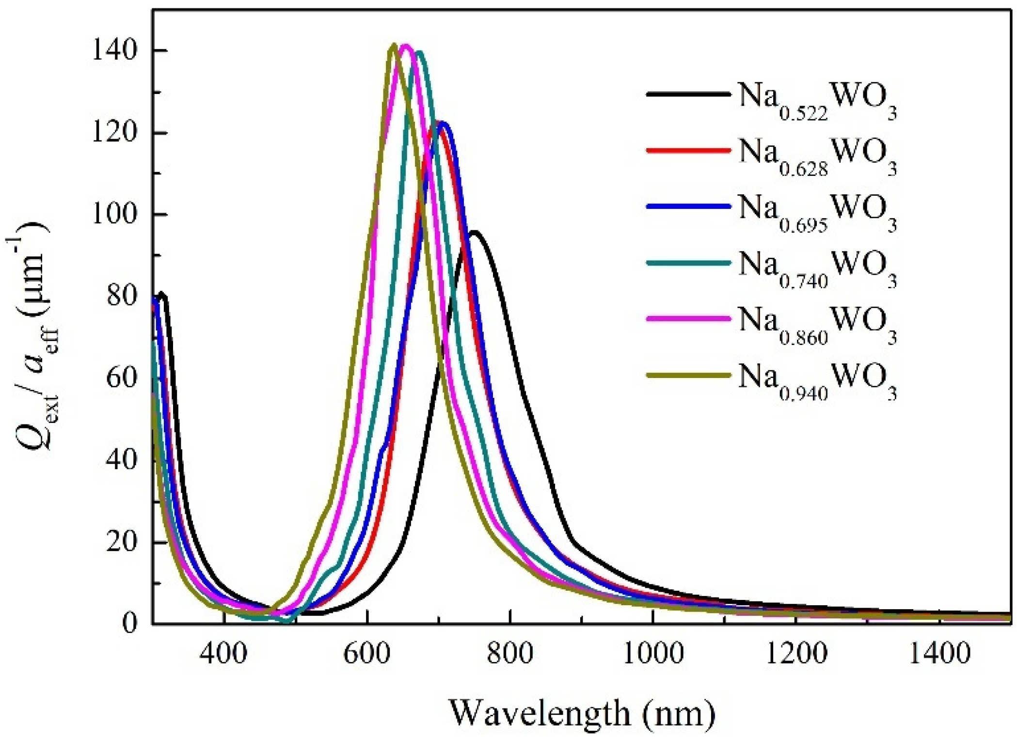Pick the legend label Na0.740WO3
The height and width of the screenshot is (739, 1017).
point(817,267)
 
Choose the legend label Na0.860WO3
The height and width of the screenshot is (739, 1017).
point(817,324)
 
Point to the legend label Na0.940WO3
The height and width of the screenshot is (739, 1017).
point(817,380)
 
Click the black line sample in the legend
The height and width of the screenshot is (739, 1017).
point(688,94)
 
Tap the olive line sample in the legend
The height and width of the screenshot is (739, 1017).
point(688,375)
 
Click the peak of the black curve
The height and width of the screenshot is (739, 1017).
point(474,232)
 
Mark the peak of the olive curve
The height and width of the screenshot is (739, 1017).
point(394,45)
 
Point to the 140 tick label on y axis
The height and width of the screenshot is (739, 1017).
point(114,50)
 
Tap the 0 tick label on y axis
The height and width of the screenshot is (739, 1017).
point(129,622)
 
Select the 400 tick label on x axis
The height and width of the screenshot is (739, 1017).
point(223,653)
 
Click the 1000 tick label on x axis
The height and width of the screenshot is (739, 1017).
point(652,653)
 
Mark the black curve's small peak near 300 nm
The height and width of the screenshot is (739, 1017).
point(162,294)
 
